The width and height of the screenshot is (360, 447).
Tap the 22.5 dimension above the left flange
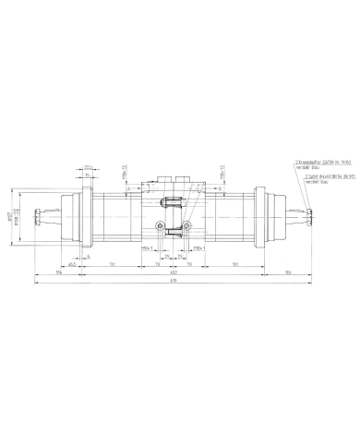[87, 166]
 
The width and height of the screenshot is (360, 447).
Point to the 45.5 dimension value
[71, 263]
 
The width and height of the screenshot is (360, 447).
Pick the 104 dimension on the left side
[58, 272]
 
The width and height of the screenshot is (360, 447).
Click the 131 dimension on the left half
[111, 263]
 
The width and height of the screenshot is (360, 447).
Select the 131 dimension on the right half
[235, 263]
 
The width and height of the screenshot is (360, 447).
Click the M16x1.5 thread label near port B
[225, 173]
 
